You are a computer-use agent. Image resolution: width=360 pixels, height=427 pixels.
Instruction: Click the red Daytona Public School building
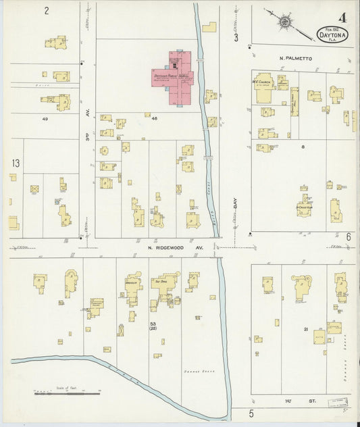click(177, 77)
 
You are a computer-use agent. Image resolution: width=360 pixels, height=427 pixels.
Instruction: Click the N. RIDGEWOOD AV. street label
click(176, 248)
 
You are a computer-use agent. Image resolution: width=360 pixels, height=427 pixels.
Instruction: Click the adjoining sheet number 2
click(47, 11)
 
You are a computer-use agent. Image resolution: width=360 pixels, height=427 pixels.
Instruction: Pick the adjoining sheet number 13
click(16, 163)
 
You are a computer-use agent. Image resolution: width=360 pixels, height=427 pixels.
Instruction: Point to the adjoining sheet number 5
click(250, 413)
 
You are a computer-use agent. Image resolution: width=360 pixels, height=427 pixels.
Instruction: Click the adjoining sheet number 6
click(349, 237)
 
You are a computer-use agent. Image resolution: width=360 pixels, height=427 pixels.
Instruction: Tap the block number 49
click(45, 119)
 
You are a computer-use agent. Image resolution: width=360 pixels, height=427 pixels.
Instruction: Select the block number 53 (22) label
click(153, 328)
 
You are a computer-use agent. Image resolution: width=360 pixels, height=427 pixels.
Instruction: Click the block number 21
click(306, 329)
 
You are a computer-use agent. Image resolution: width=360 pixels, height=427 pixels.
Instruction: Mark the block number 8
click(303, 147)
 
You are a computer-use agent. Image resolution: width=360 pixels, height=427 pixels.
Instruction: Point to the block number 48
click(154, 119)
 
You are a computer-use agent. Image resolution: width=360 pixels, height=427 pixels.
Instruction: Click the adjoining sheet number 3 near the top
click(236, 38)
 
